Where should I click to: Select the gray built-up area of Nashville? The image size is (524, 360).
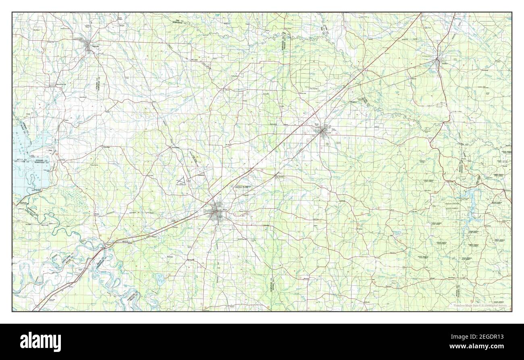point(89,48)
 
